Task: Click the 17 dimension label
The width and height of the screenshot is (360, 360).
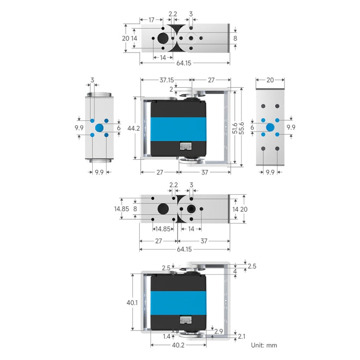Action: [151, 20]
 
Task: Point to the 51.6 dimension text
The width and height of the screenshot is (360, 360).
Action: [234, 128]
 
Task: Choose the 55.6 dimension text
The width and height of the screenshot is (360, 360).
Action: [242, 128]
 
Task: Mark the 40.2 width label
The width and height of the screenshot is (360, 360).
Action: [178, 345]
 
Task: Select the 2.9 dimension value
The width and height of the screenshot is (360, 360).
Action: [218, 332]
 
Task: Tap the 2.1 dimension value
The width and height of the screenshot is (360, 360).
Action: [241, 336]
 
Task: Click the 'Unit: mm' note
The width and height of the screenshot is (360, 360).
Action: [264, 345]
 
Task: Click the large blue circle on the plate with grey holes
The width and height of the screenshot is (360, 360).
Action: [270, 127]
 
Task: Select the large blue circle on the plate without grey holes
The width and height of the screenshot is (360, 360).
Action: [99, 128]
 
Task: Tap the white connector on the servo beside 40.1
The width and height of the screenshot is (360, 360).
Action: [185, 321]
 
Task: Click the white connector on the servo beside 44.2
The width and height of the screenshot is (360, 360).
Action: [185, 146]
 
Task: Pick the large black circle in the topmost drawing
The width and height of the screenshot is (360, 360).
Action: [163, 38]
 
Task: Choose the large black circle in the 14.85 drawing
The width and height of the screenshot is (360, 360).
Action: [163, 209]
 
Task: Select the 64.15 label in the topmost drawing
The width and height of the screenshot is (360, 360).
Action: [185, 63]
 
